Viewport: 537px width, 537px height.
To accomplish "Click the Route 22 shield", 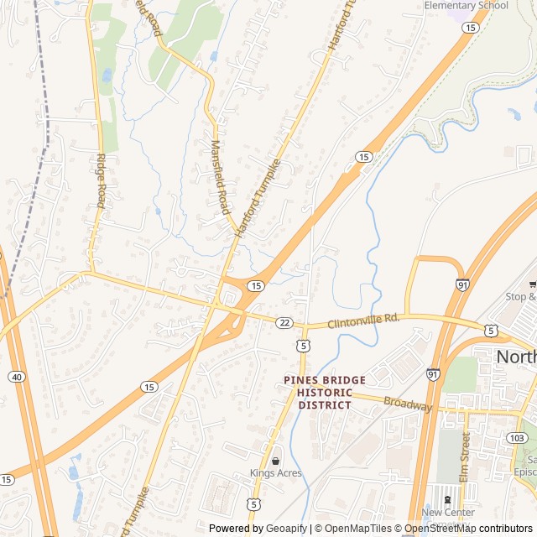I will click(x=285, y=322).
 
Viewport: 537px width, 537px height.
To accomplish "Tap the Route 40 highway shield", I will click(x=18, y=377).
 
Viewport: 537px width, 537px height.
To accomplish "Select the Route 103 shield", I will click(x=517, y=438).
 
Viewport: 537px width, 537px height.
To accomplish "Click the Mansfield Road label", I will click(x=219, y=176).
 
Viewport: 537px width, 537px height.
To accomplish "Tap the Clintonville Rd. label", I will click(x=362, y=320).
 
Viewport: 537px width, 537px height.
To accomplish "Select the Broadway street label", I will click(x=408, y=404).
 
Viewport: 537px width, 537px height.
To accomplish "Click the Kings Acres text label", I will click(x=275, y=473).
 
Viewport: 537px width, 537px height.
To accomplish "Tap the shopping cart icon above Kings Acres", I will click(x=275, y=461).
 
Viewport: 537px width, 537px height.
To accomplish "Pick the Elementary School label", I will click(x=467, y=5).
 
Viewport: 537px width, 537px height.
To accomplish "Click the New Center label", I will click(x=448, y=513).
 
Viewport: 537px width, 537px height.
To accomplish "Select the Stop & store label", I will click(x=521, y=296).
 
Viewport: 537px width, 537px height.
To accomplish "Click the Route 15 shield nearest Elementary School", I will click(x=471, y=28).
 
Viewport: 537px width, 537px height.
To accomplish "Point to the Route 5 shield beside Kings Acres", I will click(x=253, y=503).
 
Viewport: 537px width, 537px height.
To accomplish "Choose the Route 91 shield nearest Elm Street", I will click(x=433, y=373).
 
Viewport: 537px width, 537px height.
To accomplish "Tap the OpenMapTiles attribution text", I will click(x=359, y=529).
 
